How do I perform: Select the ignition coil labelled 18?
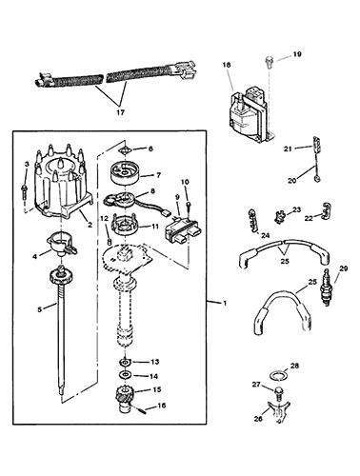[250, 116]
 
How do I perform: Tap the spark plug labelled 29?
[326, 288]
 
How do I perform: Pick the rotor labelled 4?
[61, 247]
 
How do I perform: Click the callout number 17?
[120, 112]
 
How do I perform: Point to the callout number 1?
[225, 303]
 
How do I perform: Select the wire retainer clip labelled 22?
[327, 211]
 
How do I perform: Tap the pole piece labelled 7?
[125, 172]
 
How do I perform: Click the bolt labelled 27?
[278, 394]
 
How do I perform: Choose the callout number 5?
[39, 309]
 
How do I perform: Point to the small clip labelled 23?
[279, 218]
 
